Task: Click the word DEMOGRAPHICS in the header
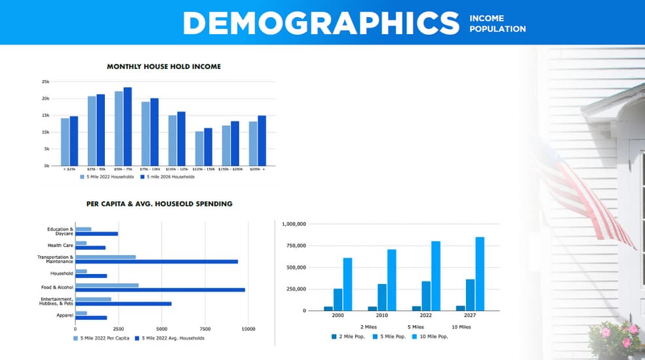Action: point(321,23)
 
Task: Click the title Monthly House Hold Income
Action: point(164,66)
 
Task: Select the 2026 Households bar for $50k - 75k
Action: point(127,126)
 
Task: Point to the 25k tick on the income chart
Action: point(46,81)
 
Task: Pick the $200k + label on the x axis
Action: point(257,169)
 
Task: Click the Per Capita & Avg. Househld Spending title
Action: point(159,204)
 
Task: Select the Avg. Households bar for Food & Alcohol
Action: point(160,290)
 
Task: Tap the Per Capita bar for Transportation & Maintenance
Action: point(106,257)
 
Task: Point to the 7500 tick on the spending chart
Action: point(205,329)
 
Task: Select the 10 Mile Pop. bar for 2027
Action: point(480,273)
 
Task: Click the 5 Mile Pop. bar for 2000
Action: point(338,299)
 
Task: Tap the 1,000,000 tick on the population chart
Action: point(294,224)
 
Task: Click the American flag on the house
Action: point(590,197)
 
